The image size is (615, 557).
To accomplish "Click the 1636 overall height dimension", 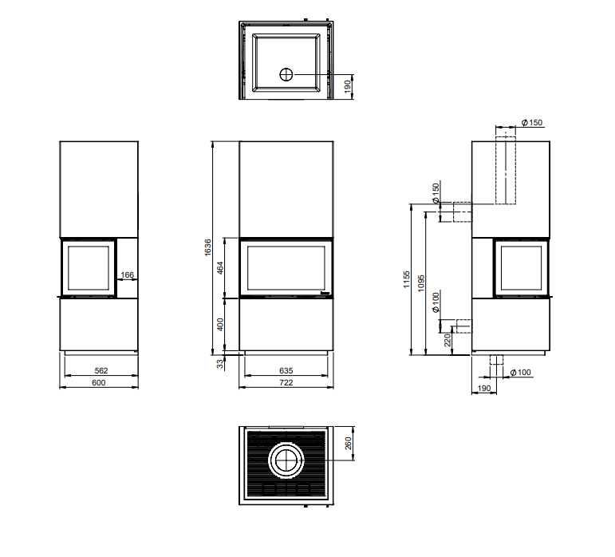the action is click(208, 247).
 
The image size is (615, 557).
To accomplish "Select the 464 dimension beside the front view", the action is click(220, 268).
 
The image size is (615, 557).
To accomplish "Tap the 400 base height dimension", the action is click(220, 325).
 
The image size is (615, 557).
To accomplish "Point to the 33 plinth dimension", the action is click(221, 364).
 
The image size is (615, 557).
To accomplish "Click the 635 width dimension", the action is click(286, 370).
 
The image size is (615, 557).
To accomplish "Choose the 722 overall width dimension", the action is click(286, 382).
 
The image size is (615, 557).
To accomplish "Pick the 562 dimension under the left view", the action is click(101, 370).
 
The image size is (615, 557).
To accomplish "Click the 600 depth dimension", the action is click(98, 382).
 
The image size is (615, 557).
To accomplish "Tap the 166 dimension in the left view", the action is click(128, 275).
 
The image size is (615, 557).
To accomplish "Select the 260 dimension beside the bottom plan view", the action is click(349, 443).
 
